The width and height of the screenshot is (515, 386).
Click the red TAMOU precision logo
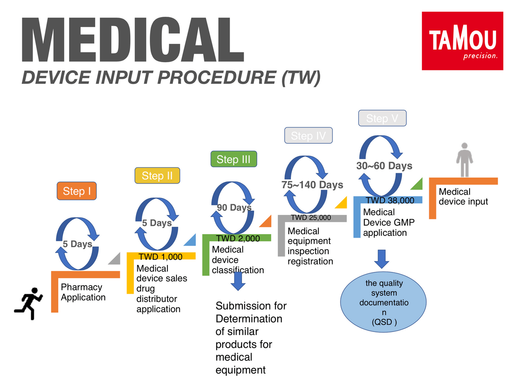tap(462, 41)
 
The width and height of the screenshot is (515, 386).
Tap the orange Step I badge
tap(76, 191)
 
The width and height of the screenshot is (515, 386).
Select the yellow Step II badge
tap(157, 175)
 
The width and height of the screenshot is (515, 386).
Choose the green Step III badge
tap(234, 159)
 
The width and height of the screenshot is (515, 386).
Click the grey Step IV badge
tap(308, 136)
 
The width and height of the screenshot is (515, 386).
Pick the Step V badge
tap(382, 118)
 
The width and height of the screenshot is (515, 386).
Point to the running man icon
tap(28, 304)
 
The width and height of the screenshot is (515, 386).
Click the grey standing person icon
tap(464, 160)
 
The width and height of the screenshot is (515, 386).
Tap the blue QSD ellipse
tap(383, 302)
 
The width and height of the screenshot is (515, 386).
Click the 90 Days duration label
tap(234, 208)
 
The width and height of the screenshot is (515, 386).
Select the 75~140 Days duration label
tap(312, 185)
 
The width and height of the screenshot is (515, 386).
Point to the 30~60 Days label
tap(384, 166)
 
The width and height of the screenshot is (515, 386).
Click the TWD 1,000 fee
tap(160, 257)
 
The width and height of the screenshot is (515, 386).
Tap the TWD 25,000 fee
tap(311, 217)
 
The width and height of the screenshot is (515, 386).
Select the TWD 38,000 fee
tap(390, 200)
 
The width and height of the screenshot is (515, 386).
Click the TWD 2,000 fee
tap(238, 238)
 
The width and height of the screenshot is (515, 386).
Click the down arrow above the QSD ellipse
tap(382, 259)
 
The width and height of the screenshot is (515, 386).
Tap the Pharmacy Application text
tap(83, 292)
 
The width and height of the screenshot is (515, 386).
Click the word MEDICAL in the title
tap(133, 39)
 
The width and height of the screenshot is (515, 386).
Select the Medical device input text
tap(463, 196)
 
